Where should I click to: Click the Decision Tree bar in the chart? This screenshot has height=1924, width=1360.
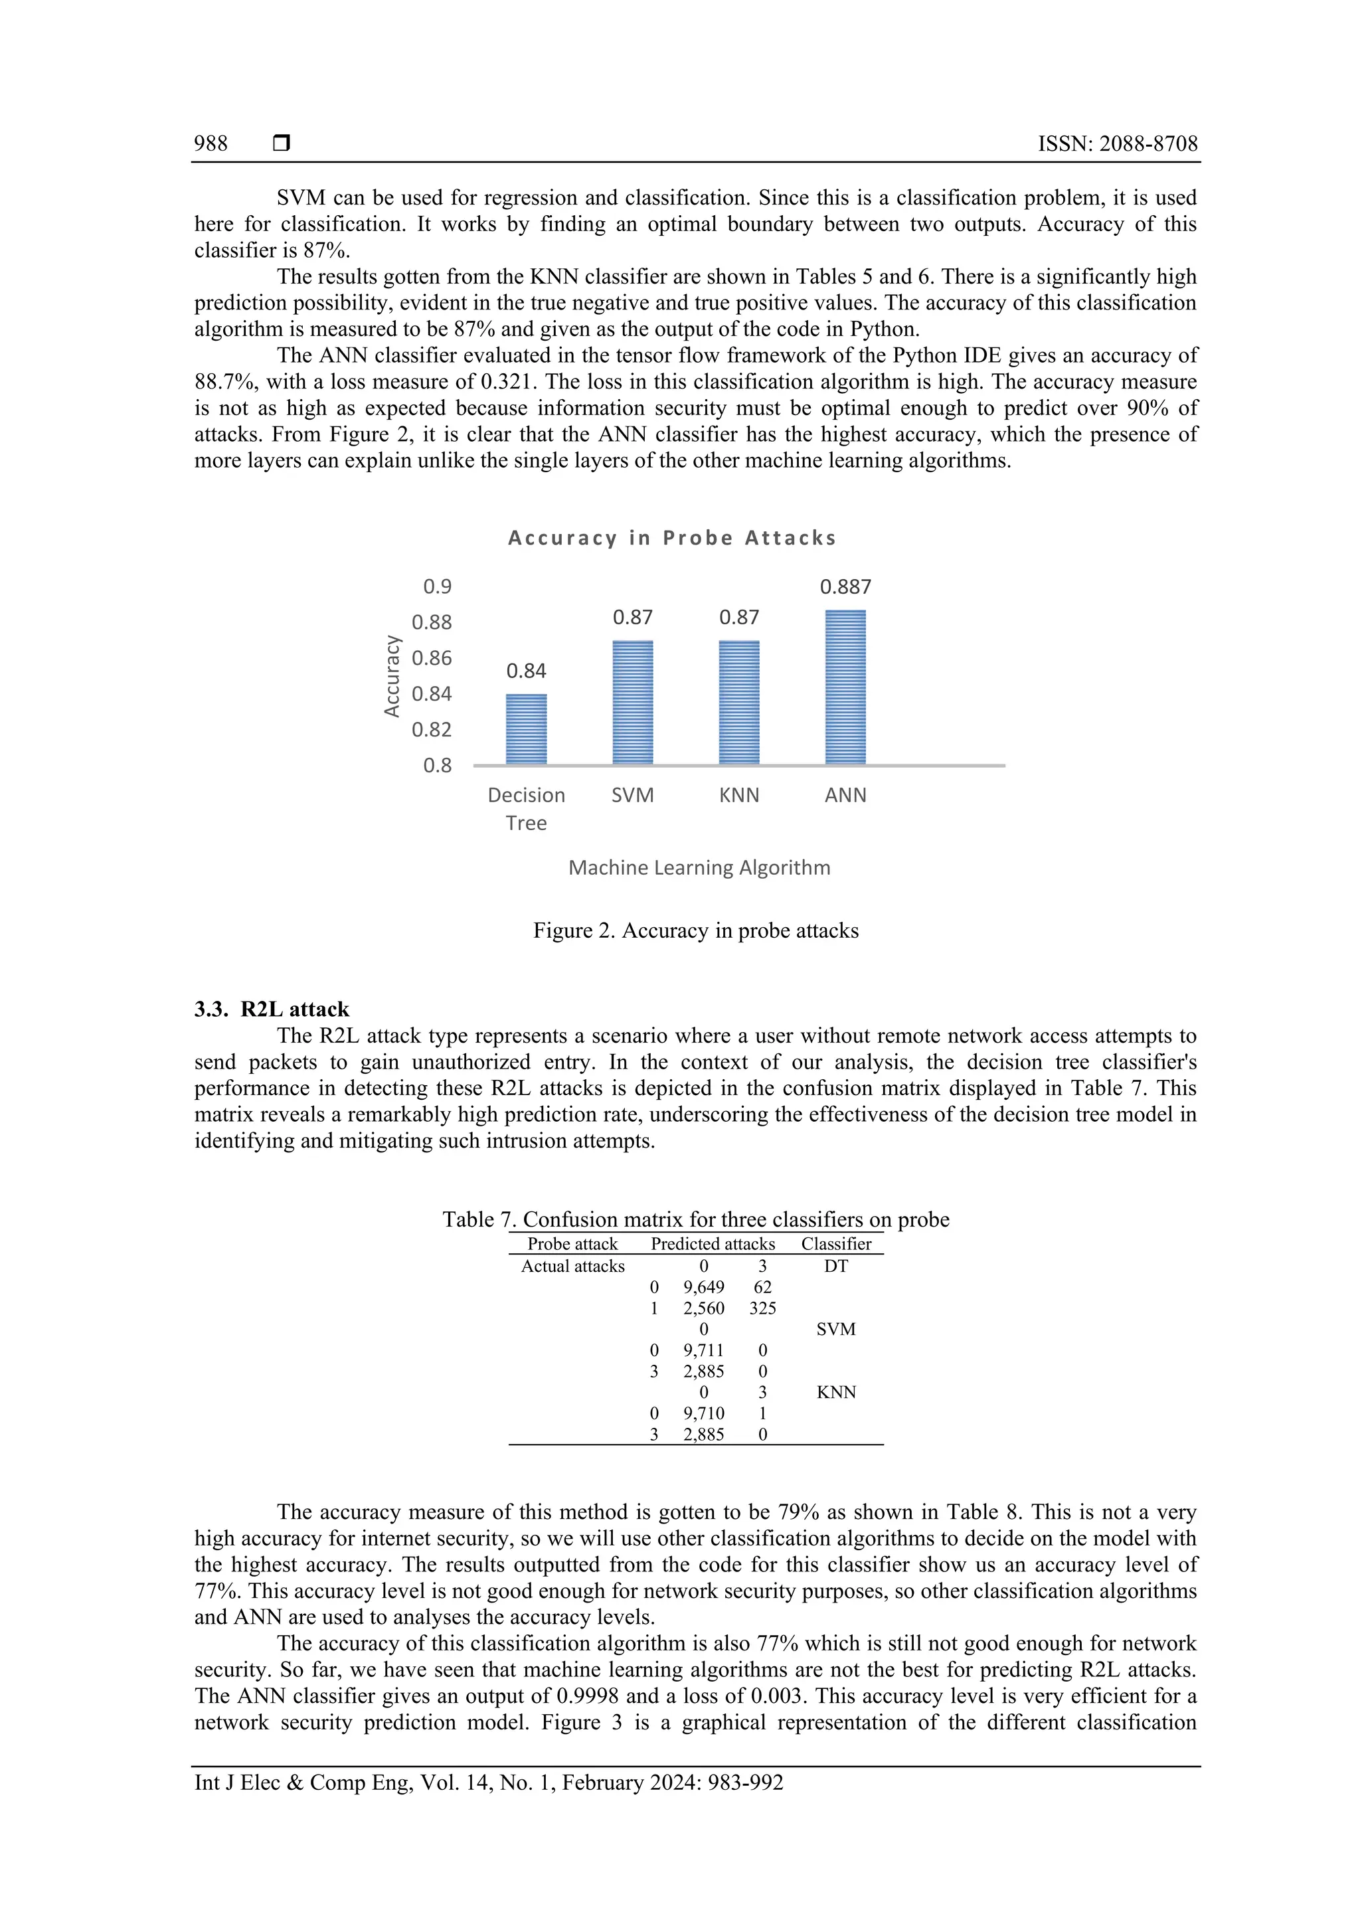[526, 729]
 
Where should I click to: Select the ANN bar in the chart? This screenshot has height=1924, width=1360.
[845, 687]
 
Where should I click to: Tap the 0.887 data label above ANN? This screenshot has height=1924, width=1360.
[845, 586]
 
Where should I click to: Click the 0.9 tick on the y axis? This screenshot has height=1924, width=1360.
[438, 586]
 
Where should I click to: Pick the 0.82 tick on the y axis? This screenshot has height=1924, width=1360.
[432, 729]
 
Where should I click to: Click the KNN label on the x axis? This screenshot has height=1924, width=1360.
[739, 795]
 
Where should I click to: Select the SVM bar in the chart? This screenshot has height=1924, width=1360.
[633, 702]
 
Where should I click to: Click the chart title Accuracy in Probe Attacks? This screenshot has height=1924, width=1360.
[672, 538]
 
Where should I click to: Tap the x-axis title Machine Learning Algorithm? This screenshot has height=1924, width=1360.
[699, 867]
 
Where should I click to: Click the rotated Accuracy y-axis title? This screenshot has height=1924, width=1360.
[391, 675]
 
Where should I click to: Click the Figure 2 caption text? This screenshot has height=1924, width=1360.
[695, 931]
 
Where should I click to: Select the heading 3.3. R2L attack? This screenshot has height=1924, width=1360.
[272, 1009]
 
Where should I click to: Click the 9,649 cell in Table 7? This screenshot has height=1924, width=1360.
[704, 1287]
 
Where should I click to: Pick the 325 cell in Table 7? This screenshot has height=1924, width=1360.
[762, 1308]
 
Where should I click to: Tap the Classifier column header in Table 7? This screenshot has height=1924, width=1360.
[835, 1245]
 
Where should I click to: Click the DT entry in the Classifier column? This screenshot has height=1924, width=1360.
[835, 1267]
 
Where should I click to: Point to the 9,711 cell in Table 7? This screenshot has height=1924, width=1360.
[704, 1350]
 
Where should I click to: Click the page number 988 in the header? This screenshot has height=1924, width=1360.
[211, 144]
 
